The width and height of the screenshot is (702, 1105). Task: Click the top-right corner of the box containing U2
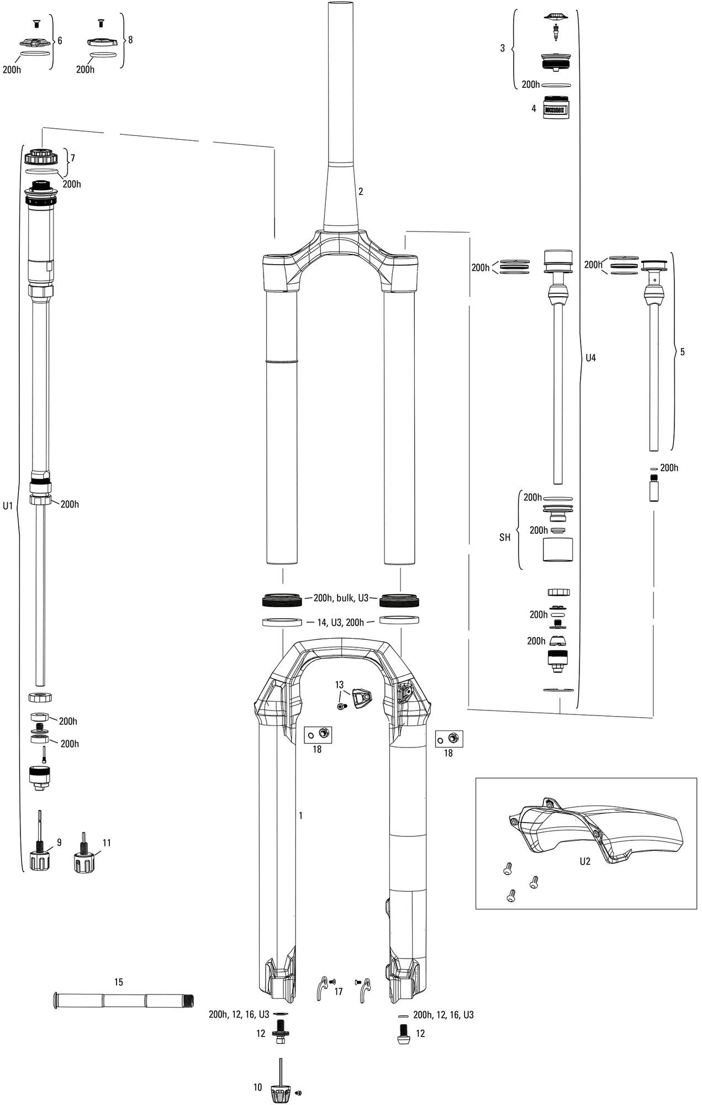tap(697, 778)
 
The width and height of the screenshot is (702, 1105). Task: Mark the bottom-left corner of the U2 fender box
tap(476, 908)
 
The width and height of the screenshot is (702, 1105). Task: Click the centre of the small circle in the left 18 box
tap(311, 734)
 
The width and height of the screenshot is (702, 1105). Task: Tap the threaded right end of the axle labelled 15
tap(190, 999)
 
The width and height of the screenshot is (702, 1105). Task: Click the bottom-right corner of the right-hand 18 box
tap(463, 747)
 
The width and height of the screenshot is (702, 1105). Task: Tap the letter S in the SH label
tap(502, 537)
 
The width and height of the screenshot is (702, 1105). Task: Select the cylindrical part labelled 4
tap(556, 106)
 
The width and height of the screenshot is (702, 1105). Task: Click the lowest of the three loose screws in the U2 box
tap(510, 896)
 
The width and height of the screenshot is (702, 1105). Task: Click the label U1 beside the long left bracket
tap(8, 505)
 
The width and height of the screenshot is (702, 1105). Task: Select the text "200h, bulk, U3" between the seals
tap(341, 598)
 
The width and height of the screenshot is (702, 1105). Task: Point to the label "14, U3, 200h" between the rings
tap(340, 623)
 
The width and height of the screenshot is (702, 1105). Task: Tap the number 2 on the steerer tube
tap(361, 192)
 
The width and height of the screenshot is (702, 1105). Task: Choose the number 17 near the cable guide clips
tap(339, 992)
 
